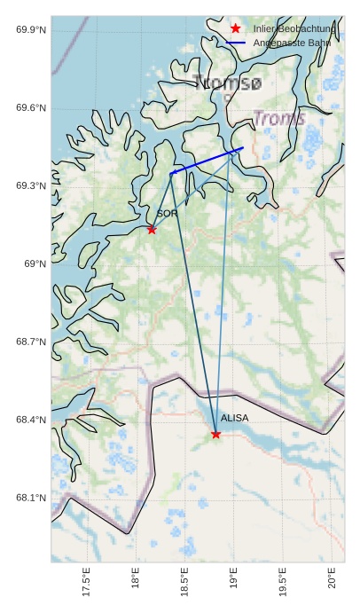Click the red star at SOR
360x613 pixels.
click(152, 230)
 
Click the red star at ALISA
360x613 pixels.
click(216, 434)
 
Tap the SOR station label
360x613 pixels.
click(168, 214)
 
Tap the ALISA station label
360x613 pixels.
click(235, 418)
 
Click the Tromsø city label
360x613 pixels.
click(227, 83)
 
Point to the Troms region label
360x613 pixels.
click(279, 118)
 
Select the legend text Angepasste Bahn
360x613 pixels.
click(292, 43)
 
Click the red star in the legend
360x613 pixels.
click(235, 29)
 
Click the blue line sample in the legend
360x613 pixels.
click(235, 43)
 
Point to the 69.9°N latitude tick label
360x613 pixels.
click(31, 30)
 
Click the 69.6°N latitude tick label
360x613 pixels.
click(31, 108)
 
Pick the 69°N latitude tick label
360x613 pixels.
click(35, 263)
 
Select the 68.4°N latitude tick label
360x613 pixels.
click(31, 420)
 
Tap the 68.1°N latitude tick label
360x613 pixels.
click(31, 498)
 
